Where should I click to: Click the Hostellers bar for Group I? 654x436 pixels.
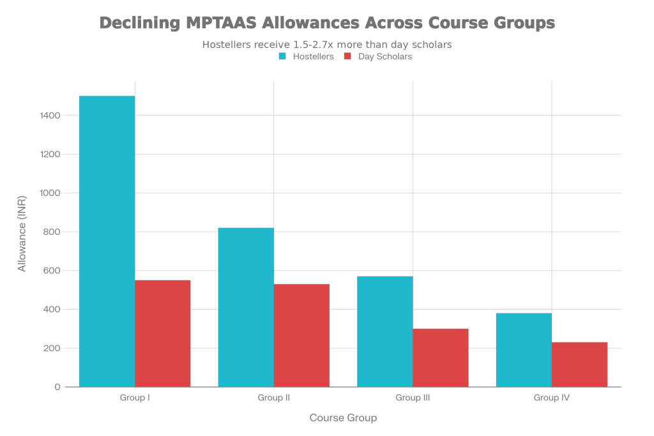coord(107,241)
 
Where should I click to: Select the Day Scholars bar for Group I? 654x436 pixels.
coord(163,333)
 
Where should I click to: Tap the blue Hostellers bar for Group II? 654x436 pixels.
coord(246,306)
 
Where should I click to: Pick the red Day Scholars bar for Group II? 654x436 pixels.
coord(302,335)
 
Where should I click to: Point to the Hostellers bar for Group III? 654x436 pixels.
coord(384,331)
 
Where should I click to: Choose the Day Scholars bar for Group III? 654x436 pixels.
coord(441,357)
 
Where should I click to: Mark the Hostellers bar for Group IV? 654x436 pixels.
coord(524,349)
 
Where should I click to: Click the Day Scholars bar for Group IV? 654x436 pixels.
coord(580,364)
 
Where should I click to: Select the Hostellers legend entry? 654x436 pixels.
coord(307,56)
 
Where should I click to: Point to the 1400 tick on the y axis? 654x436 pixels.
coord(53,116)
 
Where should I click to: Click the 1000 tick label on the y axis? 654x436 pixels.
coord(53,193)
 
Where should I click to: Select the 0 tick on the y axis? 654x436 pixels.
coord(57,387)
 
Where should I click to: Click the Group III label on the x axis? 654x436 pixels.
coord(413,398)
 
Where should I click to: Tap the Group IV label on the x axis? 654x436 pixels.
coord(552,398)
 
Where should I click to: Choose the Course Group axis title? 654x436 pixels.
coord(343,418)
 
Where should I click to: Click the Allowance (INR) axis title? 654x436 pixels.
coord(22,234)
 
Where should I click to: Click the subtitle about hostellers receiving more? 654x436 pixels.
coord(327,45)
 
